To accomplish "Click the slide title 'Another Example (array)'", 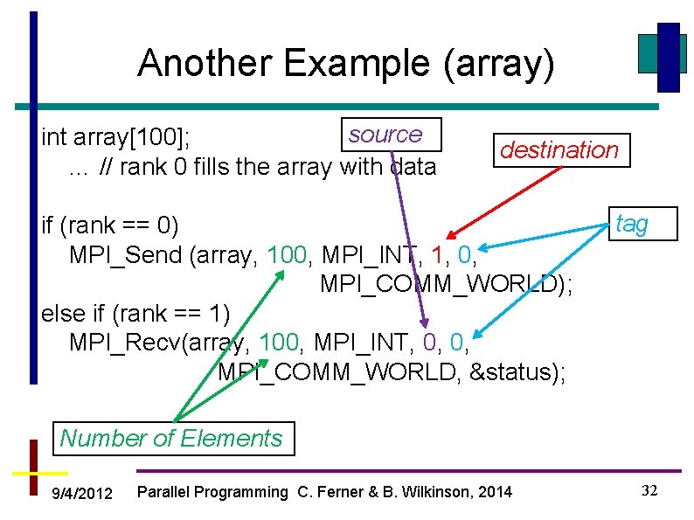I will [x=345, y=65].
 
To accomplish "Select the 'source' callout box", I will [x=385, y=135].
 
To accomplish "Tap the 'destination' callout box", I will [x=559, y=150].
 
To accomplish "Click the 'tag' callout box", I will [x=632, y=224].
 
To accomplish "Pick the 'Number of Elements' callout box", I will [x=171, y=438].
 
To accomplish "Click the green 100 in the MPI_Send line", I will [x=287, y=256].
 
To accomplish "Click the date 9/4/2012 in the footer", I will [x=82, y=494].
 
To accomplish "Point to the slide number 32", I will [x=649, y=490].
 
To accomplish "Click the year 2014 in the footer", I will [x=494, y=492].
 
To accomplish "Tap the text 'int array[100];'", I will [x=122, y=138].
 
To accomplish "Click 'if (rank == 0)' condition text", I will [x=109, y=225].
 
